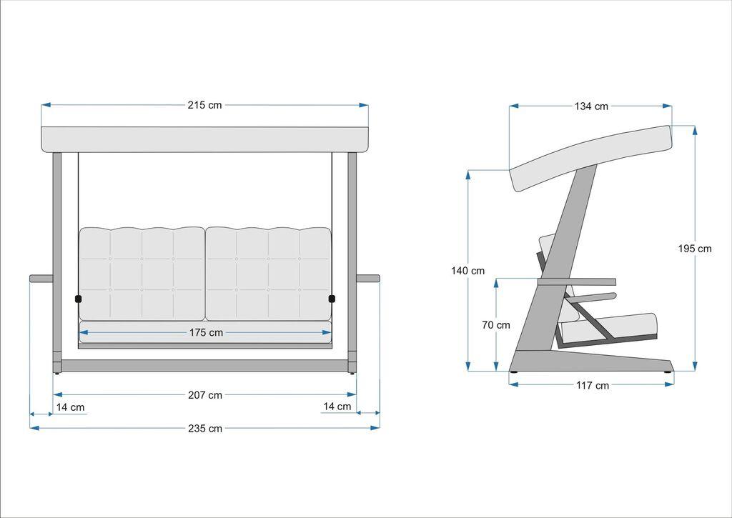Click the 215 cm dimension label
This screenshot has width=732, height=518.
pos(204,105)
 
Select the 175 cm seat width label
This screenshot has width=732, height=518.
pos(206,332)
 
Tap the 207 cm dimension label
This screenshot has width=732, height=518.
pos(204,394)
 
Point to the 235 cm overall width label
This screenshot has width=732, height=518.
pos(204,428)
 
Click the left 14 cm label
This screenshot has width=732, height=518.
pos(71,407)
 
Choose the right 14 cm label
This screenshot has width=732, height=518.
pos(337,406)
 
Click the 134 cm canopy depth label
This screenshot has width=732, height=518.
pos(591,106)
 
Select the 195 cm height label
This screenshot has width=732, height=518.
pos(694,249)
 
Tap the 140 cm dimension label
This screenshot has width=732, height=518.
pos(468,271)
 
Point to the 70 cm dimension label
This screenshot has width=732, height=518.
pos(496,324)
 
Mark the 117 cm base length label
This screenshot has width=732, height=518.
pos(593,385)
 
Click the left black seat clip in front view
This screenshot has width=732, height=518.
pos(79,297)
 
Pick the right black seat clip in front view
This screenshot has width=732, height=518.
pos(332,297)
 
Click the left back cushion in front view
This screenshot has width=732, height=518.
pos(142,274)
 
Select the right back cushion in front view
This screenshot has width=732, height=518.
pos(268,274)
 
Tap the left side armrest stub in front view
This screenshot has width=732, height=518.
pos(41,278)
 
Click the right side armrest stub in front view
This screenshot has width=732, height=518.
pos(368,278)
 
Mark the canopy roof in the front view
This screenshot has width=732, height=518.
pos(204,139)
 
